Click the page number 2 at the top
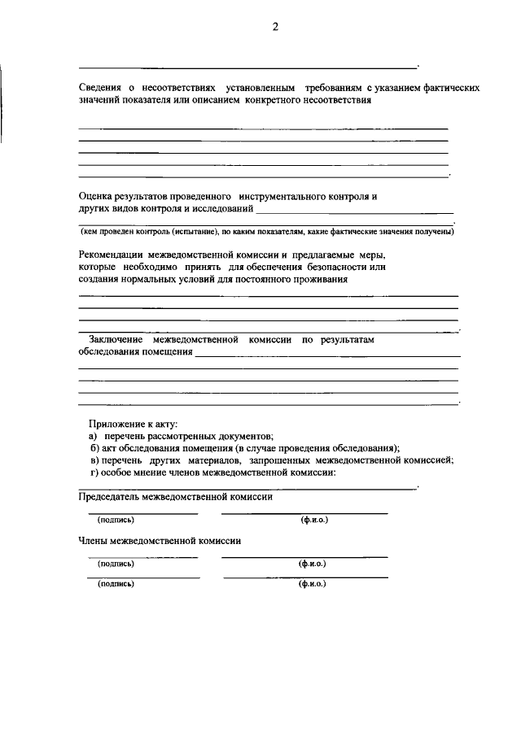275,27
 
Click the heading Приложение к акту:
134,424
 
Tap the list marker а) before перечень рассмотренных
94,436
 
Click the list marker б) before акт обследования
94,448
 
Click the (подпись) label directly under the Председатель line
116,519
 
